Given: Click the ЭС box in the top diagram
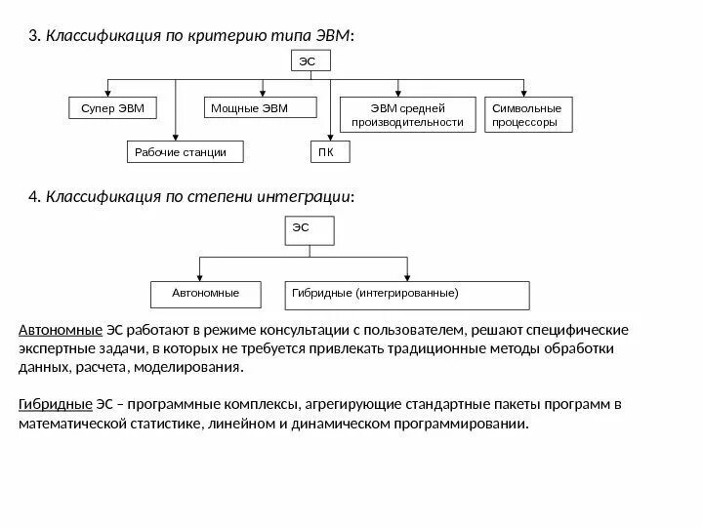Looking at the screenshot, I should pyautogui.click(x=310, y=61).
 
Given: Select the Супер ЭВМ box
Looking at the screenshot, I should pyautogui.click(x=111, y=108).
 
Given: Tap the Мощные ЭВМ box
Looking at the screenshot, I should pyautogui.click(x=250, y=108).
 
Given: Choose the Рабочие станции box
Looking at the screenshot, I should pyautogui.click(x=185, y=153).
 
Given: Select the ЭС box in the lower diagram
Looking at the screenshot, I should pyautogui.click(x=310, y=231).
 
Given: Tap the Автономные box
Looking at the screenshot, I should pyautogui.click(x=205, y=294).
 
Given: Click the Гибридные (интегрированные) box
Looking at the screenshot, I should pyautogui.click(x=406, y=294).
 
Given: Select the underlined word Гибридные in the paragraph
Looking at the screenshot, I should pyautogui.click(x=55, y=405).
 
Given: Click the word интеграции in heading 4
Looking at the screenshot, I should pyautogui.click(x=304, y=196).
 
